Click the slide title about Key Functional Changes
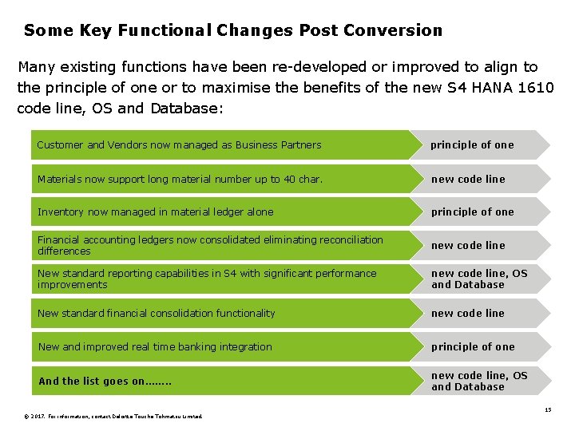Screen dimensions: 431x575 (232, 31)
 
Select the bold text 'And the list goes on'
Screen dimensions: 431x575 (105, 382)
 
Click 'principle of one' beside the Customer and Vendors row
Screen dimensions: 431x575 (472, 145)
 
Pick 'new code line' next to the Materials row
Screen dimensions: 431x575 (468, 180)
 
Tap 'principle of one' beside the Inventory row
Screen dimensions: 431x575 (473, 212)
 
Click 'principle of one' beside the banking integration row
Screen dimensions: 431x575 (473, 347)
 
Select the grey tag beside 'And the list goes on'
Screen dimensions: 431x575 (479, 382)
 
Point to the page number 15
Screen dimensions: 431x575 (548, 409)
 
